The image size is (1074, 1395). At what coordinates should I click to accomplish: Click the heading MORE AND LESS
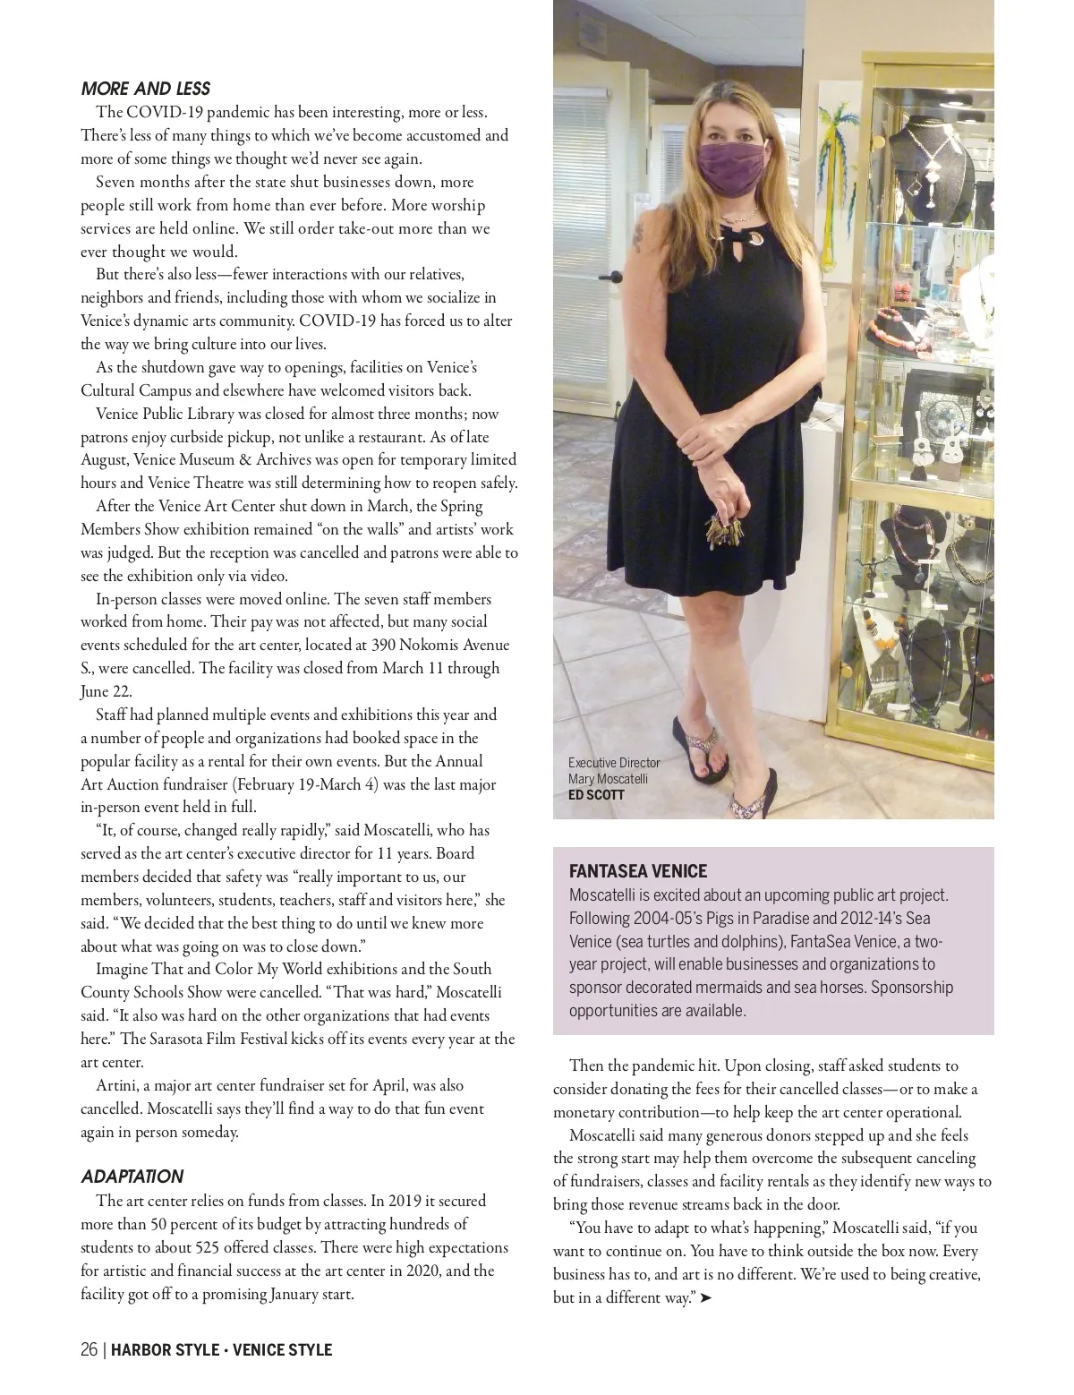(x=145, y=89)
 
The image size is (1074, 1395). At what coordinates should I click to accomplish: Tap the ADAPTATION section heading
(x=132, y=1177)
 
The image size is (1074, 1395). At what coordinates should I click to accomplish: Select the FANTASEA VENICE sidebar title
(x=638, y=871)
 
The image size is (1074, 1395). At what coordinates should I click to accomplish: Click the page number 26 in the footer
(x=89, y=1349)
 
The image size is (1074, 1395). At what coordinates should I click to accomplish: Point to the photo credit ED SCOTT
(x=596, y=795)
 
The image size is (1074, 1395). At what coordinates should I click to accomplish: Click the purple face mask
(x=733, y=163)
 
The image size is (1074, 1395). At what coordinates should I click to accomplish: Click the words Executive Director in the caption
(x=614, y=763)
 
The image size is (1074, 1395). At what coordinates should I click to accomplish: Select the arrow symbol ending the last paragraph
(x=706, y=1297)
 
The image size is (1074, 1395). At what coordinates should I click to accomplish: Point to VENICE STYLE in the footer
(x=282, y=1349)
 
